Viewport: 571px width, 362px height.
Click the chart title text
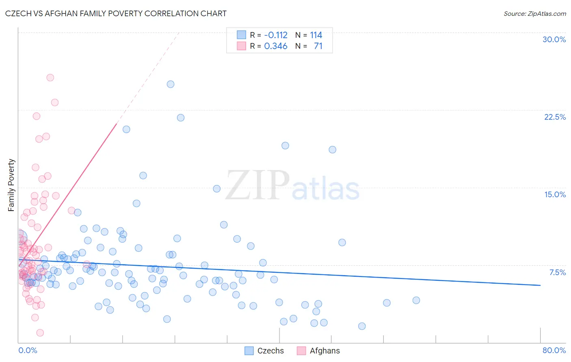(x=116, y=13)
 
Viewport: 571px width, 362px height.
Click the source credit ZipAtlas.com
(x=534, y=13)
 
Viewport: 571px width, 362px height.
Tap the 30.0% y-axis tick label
(x=554, y=39)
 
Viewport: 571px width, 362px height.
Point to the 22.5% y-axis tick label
(x=555, y=117)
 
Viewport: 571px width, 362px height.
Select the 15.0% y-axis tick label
(x=555, y=194)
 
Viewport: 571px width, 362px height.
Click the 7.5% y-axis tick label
(x=557, y=272)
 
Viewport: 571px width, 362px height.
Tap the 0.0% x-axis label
(x=28, y=350)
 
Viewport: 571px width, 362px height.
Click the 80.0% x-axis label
(x=554, y=350)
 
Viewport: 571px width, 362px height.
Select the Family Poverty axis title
(x=11, y=185)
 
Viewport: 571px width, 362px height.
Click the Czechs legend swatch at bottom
(x=249, y=351)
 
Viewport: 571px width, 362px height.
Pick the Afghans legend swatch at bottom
(x=301, y=351)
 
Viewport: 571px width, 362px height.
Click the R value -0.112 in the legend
(x=276, y=35)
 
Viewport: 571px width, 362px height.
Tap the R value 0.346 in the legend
(x=276, y=46)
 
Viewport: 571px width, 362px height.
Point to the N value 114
(x=316, y=35)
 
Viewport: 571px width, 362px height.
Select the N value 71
(x=318, y=46)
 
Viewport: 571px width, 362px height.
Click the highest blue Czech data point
(x=171, y=84)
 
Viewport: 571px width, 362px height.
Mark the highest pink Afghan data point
(x=50, y=78)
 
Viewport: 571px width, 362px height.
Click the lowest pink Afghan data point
(x=40, y=333)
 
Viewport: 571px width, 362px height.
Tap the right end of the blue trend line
(x=540, y=285)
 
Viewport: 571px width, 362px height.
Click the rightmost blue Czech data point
(x=416, y=300)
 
